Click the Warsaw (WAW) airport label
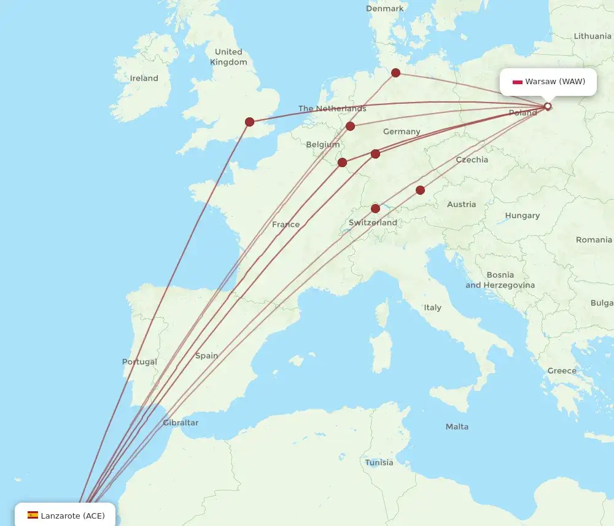554,81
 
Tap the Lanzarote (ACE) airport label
72,516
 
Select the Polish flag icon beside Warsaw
518,82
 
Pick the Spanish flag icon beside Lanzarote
33,516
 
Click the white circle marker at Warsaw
548,106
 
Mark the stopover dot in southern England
249,122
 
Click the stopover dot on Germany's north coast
396,73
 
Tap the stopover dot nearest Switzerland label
375,208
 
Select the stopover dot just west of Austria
420,190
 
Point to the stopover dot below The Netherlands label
350,126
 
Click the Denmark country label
385,9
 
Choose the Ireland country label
144,78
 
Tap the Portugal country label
139,362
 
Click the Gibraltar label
181,423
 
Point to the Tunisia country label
379,462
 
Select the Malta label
457,426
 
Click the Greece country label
562,371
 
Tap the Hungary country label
523,216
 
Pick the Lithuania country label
592,36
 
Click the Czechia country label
472,160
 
